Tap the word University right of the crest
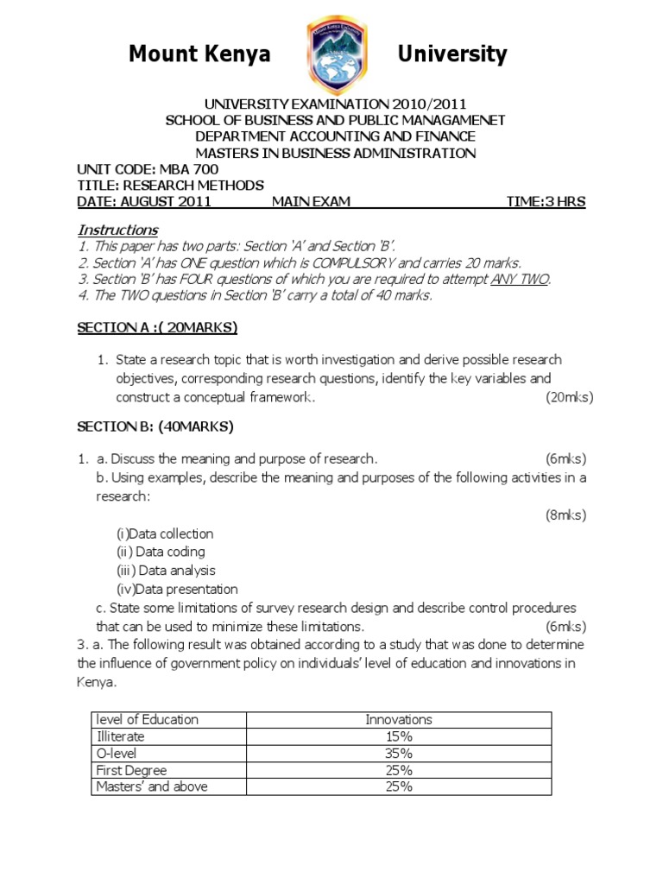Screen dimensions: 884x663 [451, 55]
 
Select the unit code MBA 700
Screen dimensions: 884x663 [174, 170]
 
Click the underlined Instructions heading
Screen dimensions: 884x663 [117, 230]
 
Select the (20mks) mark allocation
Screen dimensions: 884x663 [569, 397]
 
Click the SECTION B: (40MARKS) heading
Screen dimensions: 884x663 [155, 426]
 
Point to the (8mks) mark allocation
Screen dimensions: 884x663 [565, 515]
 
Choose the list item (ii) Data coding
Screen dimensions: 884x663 [161, 552]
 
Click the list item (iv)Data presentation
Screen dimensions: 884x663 [177, 590]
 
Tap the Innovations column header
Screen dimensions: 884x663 [398, 719]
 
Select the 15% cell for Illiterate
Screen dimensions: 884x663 [398, 736]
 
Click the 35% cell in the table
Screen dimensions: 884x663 [398, 753]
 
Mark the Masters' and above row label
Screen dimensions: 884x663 [152, 786]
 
